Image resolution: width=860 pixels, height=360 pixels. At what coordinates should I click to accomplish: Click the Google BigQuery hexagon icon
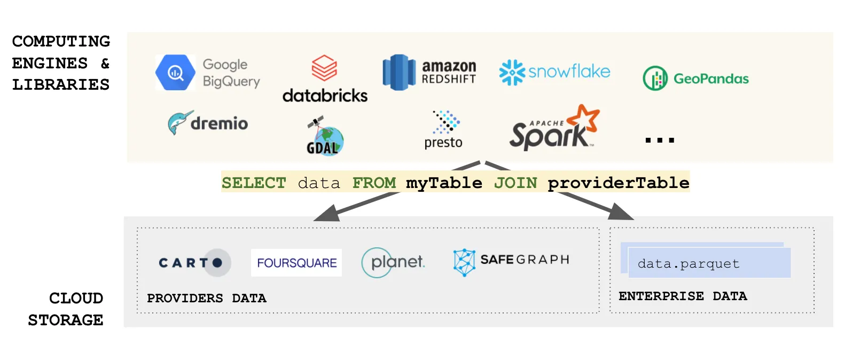[175, 72]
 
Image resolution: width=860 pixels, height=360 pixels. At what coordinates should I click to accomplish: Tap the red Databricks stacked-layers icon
[324, 68]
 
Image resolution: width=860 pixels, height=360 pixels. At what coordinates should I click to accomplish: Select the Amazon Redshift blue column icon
[399, 73]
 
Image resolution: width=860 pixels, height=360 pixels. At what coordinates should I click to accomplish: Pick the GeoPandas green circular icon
[655, 79]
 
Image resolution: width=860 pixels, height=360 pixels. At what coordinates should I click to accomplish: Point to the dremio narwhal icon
[178, 123]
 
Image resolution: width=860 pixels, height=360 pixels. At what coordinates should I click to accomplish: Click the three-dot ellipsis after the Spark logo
[660, 140]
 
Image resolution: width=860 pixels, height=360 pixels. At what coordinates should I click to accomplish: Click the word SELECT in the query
[254, 183]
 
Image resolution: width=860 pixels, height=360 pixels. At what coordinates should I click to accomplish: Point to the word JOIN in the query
[515, 183]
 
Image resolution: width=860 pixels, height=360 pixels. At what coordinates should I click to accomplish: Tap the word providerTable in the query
[618, 183]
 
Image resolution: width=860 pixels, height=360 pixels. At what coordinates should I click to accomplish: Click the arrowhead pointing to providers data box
[327, 214]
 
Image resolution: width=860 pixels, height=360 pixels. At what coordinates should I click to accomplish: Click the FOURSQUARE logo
[296, 263]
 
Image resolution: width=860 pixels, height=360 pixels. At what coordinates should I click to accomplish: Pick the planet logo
[393, 262]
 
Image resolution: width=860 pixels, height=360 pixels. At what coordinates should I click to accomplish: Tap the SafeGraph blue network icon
[464, 262]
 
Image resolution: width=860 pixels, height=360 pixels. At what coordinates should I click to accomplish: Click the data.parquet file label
[689, 263]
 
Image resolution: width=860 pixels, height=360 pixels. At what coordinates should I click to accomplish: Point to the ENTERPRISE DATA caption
[683, 296]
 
